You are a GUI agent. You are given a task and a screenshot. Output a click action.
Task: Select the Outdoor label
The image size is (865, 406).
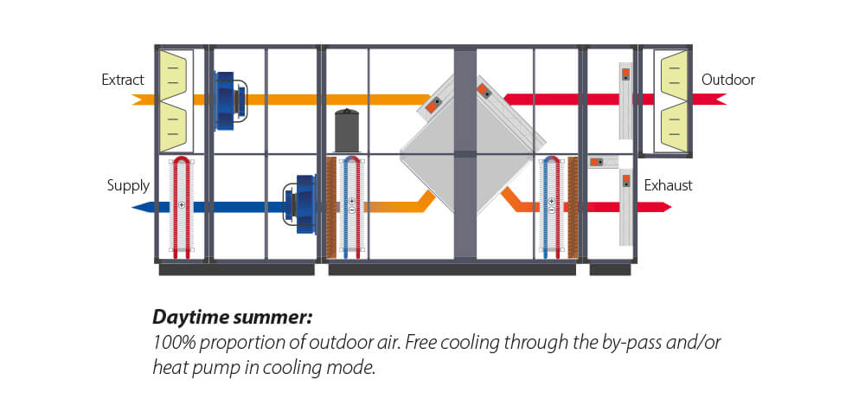pyautogui.click(x=727, y=81)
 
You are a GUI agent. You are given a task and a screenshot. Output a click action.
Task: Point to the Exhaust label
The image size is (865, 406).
pyautogui.click(x=668, y=185)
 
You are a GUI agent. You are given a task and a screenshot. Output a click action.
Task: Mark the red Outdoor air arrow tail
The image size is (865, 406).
pyautogui.click(x=717, y=100)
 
